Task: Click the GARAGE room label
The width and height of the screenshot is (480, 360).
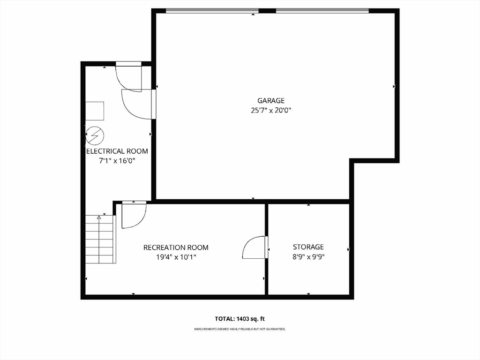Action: tap(270, 100)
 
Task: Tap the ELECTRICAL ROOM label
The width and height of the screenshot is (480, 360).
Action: tap(117, 151)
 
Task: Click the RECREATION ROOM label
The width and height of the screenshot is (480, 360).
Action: tap(176, 247)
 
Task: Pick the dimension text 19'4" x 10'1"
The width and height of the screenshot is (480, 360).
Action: tap(176, 257)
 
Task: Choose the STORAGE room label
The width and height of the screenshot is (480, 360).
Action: tap(308, 247)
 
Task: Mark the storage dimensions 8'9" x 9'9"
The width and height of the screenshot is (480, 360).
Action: tap(308, 257)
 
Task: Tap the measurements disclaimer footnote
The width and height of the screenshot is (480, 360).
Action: tap(240, 329)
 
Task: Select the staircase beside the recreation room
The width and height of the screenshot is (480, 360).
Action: tap(100, 239)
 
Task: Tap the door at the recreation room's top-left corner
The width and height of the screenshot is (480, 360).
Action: tap(134, 215)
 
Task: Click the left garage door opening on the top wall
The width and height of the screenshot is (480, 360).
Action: tap(212, 11)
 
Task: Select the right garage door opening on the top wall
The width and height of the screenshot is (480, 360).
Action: tap(322, 11)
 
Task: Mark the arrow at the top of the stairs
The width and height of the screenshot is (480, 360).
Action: tap(99, 217)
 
